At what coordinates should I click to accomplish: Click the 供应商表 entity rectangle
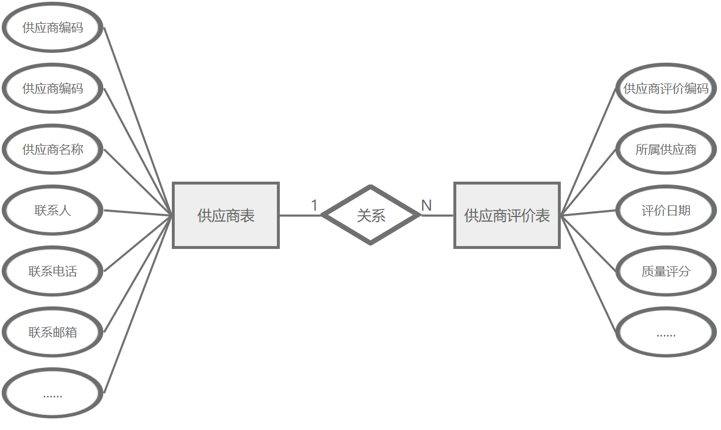click(226, 215)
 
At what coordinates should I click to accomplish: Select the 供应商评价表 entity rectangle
click(507, 215)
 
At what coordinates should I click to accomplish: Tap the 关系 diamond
click(370, 215)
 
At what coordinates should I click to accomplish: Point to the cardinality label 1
click(314, 205)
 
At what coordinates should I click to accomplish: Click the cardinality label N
click(426, 205)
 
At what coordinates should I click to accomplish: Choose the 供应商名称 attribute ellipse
click(53, 150)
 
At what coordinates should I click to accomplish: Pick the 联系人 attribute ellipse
click(53, 211)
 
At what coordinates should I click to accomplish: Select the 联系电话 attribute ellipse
click(53, 272)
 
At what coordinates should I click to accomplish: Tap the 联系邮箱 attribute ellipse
click(53, 333)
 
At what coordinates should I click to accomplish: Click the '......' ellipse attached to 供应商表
click(53, 393)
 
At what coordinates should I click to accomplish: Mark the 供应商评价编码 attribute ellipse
click(666, 89)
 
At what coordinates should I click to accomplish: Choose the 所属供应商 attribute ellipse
click(666, 150)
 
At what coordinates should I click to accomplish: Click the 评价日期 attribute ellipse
click(666, 211)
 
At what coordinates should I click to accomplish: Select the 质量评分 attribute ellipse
click(666, 272)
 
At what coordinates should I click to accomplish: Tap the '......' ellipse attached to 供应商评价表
click(666, 333)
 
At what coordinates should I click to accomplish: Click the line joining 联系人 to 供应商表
click(138, 213)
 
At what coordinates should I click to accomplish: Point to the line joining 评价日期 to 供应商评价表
click(587, 212)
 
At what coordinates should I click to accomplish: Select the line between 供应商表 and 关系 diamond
click(300, 215)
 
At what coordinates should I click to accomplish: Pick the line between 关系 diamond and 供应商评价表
click(437, 215)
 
